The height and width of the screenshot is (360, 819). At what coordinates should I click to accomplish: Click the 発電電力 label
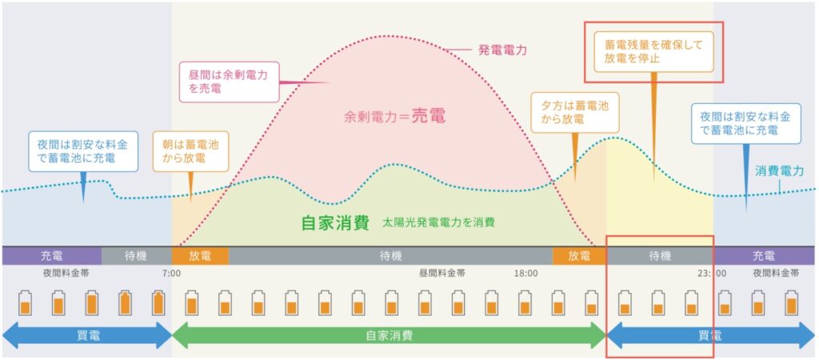coord(502,50)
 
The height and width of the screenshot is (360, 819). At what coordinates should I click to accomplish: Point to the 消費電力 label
coord(779,171)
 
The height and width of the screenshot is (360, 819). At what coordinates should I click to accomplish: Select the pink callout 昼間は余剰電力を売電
coord(230,82)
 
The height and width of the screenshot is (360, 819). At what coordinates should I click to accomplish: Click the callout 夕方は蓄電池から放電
coord(574,113)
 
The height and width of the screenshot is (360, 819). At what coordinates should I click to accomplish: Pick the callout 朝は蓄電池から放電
coord(190,151)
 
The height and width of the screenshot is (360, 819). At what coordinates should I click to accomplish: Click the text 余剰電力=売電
coord(395,116)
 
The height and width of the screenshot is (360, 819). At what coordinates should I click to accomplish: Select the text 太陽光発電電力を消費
coord(438,222)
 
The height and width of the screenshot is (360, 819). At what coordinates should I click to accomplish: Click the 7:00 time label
coord(171,274)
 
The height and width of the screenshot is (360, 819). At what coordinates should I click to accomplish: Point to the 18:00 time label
coord(525,274)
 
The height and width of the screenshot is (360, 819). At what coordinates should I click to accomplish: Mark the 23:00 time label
coord(710,274)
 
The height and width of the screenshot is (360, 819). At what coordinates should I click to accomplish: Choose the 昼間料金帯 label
coord(441,274)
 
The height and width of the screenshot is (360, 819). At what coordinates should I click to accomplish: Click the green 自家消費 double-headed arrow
coord(389,335)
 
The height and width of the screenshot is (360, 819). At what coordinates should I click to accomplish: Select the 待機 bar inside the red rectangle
coord(660,256)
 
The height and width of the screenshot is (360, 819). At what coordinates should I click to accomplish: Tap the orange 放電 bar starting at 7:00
coord(200,256)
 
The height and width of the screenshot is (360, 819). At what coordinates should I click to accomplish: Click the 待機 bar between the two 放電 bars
coord(390,256)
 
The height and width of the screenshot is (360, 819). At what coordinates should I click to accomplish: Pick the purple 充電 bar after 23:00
coord(764,256)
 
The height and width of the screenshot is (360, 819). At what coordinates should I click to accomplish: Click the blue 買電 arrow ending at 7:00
coord(87,335)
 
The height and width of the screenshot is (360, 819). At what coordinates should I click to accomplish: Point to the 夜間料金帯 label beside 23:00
coord(775,274)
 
